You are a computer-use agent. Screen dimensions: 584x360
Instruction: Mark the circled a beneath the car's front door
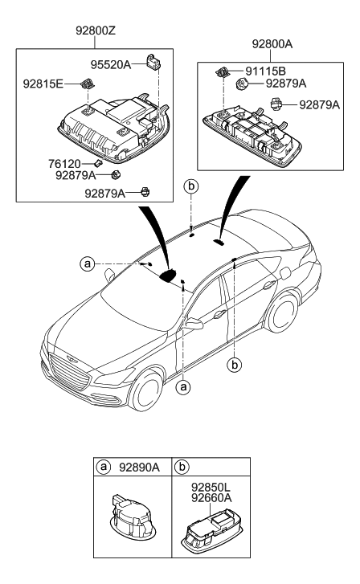click(x=184, y=386)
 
